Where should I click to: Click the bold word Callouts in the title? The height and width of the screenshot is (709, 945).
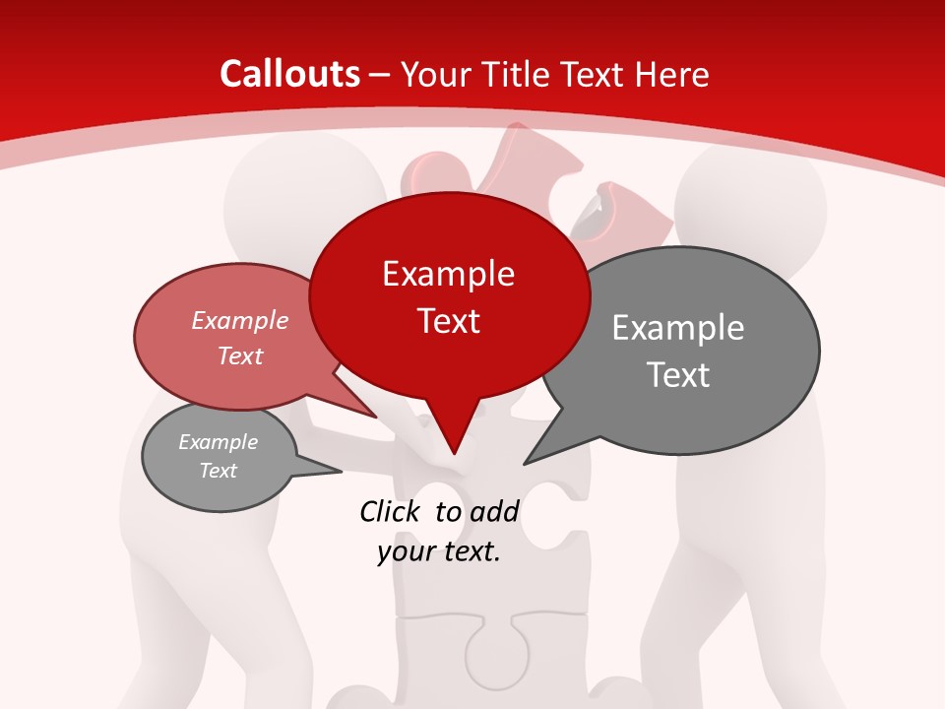coord(289,74)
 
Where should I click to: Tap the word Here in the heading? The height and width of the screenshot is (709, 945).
coord(672,74)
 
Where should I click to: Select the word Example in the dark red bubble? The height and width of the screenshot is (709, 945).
coord(448,274)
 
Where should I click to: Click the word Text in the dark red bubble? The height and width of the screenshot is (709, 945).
coord(448,321)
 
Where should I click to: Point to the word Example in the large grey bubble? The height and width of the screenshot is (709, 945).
coord(678,328)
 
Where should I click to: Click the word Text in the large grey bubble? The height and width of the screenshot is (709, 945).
coord(678,375)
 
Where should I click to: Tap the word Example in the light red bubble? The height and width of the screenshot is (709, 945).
coord(240,321)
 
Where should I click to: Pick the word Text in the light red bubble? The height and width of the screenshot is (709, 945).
coord(240,356)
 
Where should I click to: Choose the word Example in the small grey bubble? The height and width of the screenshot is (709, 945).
coord(218,442)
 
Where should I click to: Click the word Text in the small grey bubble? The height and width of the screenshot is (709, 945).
coord(218,471)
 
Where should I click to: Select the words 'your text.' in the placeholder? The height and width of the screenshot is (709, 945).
coord(439,552)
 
